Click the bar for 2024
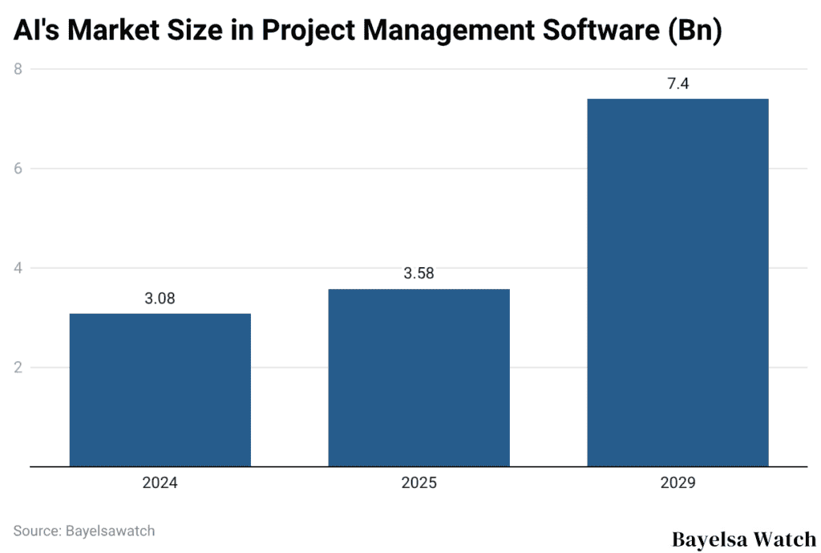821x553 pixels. [160, 389]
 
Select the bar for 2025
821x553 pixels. [419, 377]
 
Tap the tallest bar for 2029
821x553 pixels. [677, 282]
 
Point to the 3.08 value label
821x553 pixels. [160, 299]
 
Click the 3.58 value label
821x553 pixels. [419, 274]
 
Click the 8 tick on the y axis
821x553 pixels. [17, 69]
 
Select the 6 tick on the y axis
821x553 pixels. [17, 169]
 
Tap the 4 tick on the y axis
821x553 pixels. [17, 268]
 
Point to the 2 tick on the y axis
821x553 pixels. [17, 368]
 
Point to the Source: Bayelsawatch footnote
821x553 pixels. [84, 531]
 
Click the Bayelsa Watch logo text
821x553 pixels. [742, 538]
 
